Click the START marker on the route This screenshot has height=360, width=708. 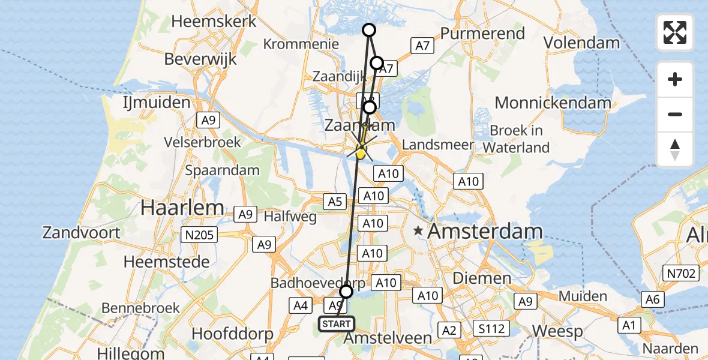(x=337, y=324)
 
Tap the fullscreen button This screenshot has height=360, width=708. (x=675, y=32)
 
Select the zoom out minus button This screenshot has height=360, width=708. (x=675, y=114)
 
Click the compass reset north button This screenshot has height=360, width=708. (x=675, y=149)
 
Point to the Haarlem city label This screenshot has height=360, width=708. (x=182, y=208)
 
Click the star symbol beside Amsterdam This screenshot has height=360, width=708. (x=418, y=230)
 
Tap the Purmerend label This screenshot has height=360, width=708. (x=482, y=33)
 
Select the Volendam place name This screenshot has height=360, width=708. (x=581, y=43)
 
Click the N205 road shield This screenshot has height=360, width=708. (x=199, y=235)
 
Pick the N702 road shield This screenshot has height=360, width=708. (x=682, y=274)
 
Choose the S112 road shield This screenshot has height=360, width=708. (x=491, y=328)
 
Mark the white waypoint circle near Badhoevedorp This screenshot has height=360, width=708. (x=346, y=292)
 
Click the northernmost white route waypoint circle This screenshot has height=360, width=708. (x=369, y=30)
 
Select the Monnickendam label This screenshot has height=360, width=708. (x=553, y=103)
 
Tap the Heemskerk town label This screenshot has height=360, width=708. (x=214, y=21)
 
